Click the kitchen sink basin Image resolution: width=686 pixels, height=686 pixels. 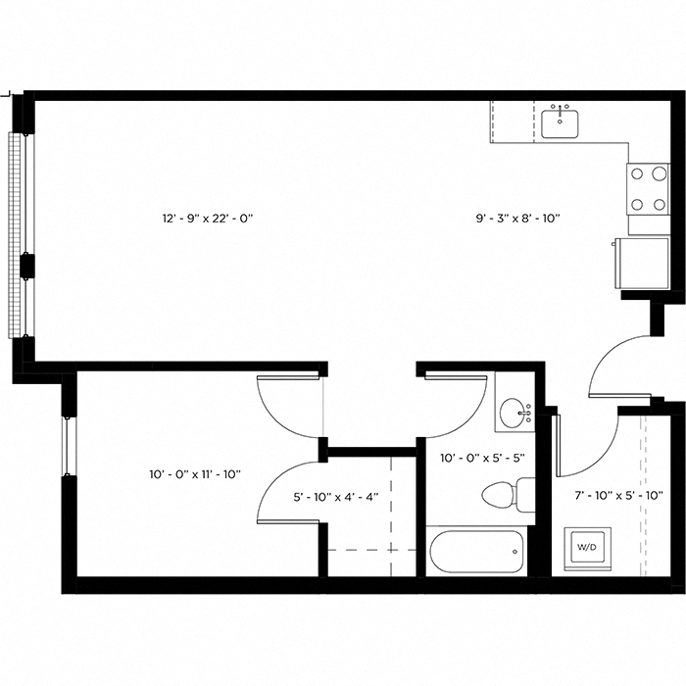tap(560, 124)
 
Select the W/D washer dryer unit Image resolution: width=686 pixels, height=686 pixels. tap(586, 547)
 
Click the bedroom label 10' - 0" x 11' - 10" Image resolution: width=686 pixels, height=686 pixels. tap(195, 474)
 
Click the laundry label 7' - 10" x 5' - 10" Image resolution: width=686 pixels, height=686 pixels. tap(616, 497)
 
